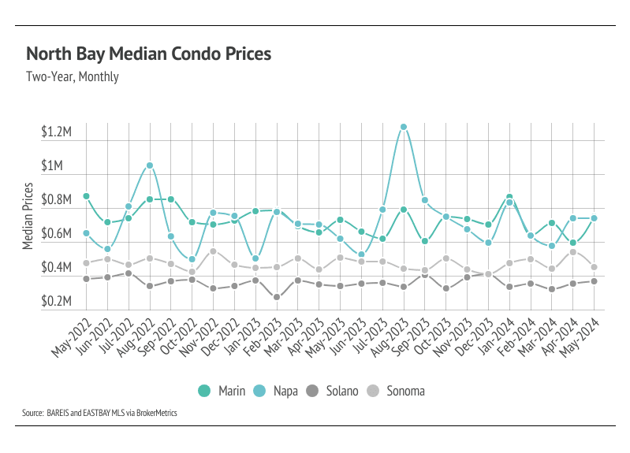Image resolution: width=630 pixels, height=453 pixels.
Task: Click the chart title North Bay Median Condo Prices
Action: pos(148,54)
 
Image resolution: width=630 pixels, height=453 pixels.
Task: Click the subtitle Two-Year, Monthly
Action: pos(73,76)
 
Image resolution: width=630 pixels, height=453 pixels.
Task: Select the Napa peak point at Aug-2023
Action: pos(403,126)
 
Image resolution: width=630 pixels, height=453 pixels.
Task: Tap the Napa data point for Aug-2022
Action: pos(150,165)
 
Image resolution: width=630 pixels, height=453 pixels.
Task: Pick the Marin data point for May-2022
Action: pos(86,196)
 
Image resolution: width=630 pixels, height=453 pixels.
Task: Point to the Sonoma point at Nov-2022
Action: pos(213,251)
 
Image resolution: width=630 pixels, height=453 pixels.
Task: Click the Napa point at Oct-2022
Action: pos(192,259)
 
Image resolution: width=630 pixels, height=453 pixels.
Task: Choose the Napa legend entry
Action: pos(279,391)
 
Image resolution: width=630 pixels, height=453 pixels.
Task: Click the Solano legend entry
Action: pos(340,391)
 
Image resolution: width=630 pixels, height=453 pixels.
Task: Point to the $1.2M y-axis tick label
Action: pos(57,132)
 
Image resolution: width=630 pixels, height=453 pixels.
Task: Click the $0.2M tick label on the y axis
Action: pos(57,302)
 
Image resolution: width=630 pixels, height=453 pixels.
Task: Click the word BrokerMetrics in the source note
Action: pos(155,413)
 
